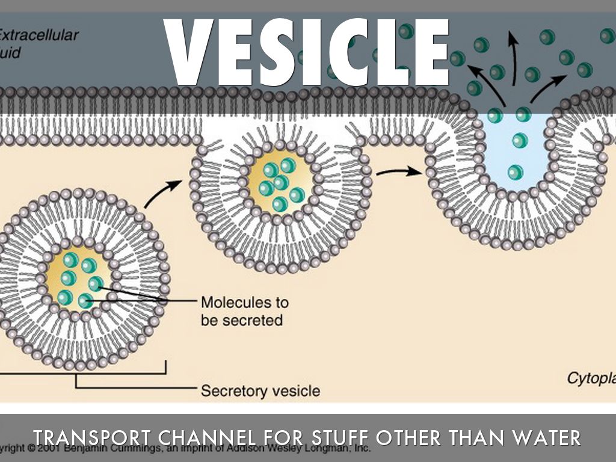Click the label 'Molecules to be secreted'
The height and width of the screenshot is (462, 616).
coord(244,310)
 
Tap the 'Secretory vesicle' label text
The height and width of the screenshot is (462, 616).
coord(260,391)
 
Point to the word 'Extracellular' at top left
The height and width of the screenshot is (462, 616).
coord(38,35)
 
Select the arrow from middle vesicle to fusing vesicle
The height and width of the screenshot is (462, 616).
coord(399,173)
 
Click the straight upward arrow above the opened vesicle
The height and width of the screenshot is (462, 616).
coord(513,57)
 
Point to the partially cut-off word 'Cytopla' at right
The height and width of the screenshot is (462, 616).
coord(591,378)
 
